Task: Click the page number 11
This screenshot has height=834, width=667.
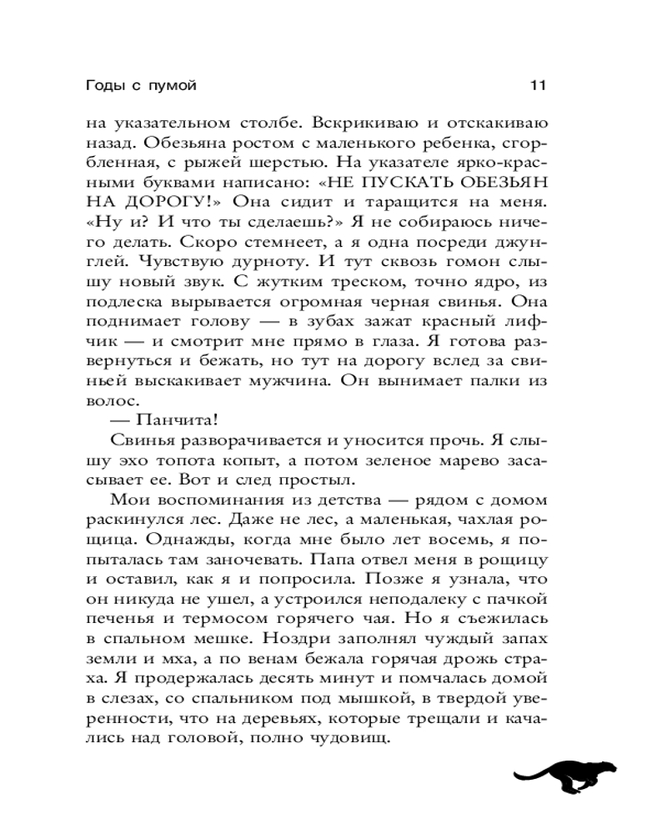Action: [537, 84]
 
